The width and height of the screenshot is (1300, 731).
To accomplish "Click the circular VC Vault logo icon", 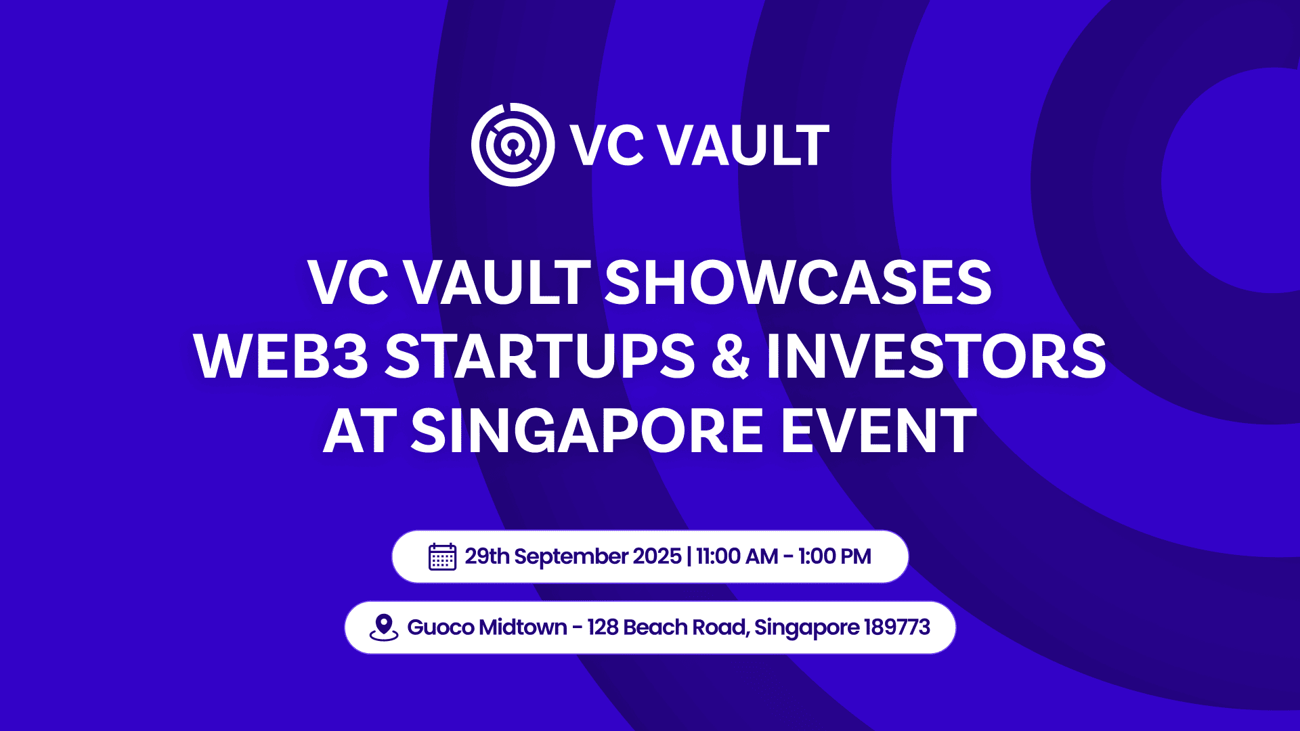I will [x=513, y=145].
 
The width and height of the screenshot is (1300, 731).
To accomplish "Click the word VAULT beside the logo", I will [x=744, y=145].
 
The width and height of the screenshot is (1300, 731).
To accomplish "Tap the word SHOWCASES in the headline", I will [x=798, y=282].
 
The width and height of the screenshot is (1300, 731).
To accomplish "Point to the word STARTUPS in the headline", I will [x=540, y=357].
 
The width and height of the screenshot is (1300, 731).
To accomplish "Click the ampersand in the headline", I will [x=731, y=357].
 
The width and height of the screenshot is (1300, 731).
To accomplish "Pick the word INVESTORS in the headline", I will [x=936, y=357].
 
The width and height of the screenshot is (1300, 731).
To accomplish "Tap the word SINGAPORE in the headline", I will [x=587, y=431].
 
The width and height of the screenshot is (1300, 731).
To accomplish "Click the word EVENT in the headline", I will [x=879, y=431].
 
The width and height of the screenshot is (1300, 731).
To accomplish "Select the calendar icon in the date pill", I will [x=442, y=557].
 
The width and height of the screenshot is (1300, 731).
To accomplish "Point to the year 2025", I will [x=657, y=556].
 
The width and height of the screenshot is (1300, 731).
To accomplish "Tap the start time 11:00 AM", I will [x=737, y=556].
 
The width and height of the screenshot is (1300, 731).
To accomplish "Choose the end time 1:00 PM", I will [x=834, y=556].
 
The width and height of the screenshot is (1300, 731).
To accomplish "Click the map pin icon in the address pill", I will [x=383, y=627].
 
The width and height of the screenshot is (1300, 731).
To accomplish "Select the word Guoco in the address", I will [x=440, y=627].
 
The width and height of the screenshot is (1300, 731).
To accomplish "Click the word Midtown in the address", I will [x=523, y=627].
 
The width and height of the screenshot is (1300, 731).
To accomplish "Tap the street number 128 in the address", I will [x=603, y=627].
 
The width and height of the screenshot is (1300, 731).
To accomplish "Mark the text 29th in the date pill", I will [x=487, y=556].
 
